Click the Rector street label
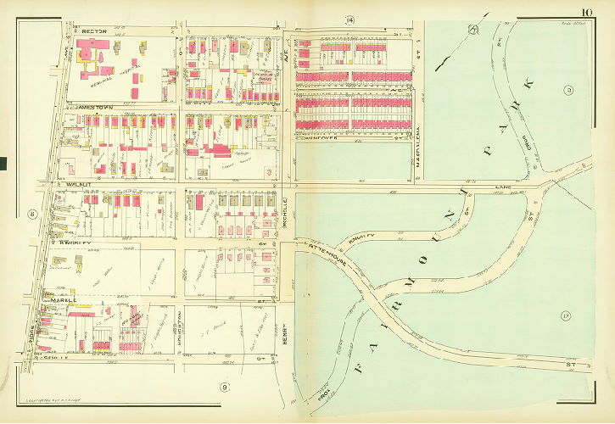coord(92,31)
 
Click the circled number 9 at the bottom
coord(225,388)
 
